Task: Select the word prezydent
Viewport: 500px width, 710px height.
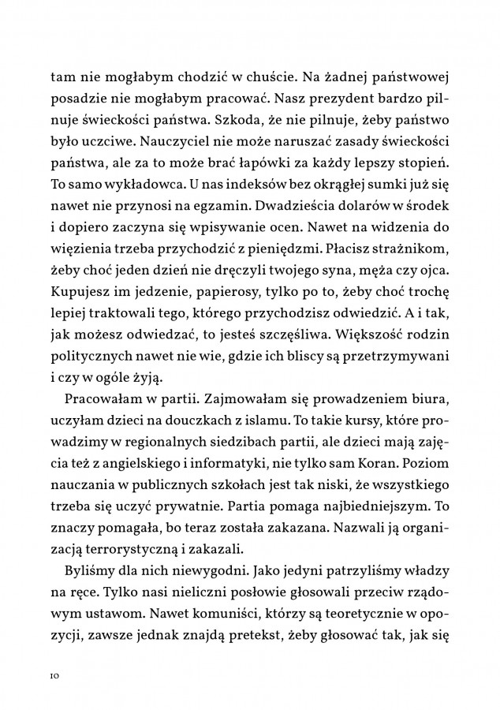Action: tap(344, 98)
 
